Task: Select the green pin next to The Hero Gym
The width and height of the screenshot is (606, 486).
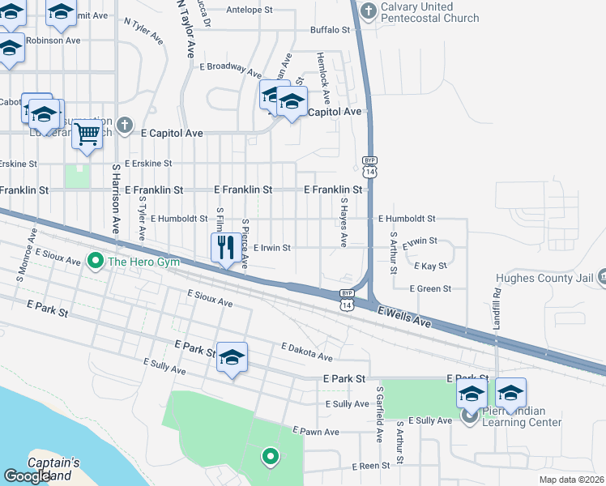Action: pyautogui.click(x=95, y=261)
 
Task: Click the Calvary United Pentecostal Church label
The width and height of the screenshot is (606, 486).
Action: pyautogui.click(x=430, y=12)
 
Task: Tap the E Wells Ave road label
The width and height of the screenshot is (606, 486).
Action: pyautogui.click(x=404, y=317)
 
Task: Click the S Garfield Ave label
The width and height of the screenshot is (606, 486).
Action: pyautogui.click(x=378, y=413)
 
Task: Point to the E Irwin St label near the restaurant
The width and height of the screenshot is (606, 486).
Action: pyautogui.click(x=272, y=248)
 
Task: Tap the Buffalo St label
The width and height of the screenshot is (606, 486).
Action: pyautogui.click(x=330, y=30)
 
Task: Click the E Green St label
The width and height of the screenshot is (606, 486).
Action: pyautogui.click(x=430, y=288)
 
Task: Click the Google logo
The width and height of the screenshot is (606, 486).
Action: pyautogui.click(x=27, y=476)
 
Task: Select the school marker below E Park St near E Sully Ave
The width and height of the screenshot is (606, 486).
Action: pyautogui.click(x=232, y=358)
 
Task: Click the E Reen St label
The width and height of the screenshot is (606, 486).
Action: pyautogui.click(x=371, y=467)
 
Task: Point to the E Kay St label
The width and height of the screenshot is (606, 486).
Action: pyautogui.click(x=430, y=266)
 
